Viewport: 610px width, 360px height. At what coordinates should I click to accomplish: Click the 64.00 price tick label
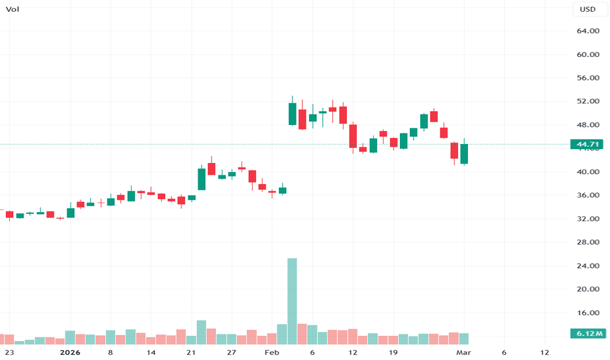click(x=588, y=31)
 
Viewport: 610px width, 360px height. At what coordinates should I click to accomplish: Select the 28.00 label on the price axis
click(x=588, y=242)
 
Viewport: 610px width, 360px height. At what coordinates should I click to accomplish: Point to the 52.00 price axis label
click(x=588, y=101)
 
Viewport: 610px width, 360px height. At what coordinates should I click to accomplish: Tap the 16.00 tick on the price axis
click(x=588, y=313)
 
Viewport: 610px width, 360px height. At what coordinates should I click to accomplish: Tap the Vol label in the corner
click(x=12, y=9)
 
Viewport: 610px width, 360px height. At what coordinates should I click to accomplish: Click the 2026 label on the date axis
click(x=69, y=352)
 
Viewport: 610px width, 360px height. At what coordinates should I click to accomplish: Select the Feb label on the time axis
click(x=271, y=352)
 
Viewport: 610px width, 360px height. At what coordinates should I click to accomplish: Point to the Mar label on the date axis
click(x=463, y=352)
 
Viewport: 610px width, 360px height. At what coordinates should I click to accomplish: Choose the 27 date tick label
click(x=231, y=352)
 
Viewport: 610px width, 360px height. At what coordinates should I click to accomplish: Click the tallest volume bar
click(x=292, y=301)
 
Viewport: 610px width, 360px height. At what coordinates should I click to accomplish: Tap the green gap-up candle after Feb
click(x=292, y=114)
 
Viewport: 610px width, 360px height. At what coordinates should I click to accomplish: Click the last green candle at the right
click(x=465, y=154)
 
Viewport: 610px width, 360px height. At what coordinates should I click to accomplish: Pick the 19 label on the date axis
click(x=393, y=352)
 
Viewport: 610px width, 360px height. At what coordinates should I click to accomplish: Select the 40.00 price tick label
click(x=588, y=172)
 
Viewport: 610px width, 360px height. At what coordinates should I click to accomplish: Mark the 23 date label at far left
click(x=10, y=352)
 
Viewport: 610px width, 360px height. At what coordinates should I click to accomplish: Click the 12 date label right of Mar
click(x=545, y=352)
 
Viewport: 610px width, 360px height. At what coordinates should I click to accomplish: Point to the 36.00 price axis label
click(x=588, y=195)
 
